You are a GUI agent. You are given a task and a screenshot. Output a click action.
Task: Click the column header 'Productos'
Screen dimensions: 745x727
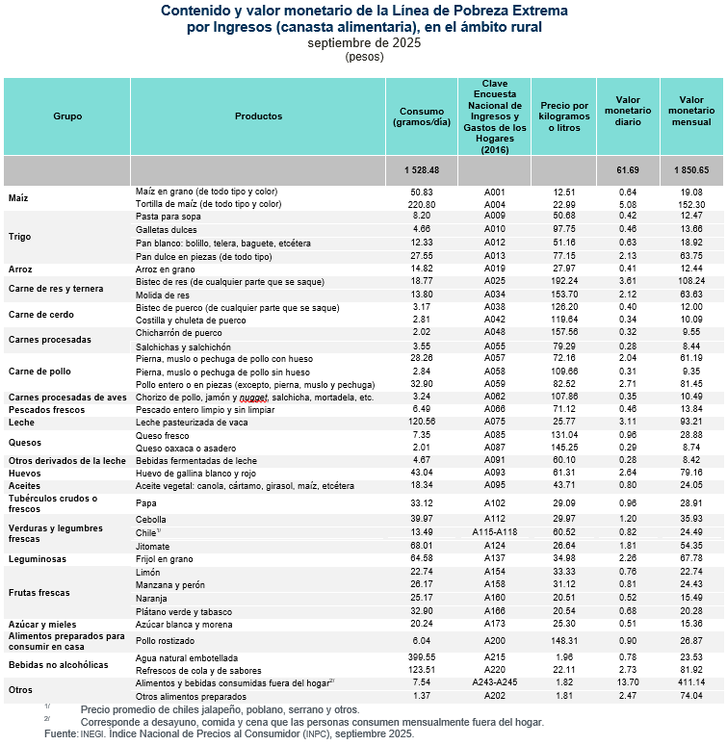(258, 116)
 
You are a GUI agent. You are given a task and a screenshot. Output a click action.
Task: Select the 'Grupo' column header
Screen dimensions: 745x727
(67, 116)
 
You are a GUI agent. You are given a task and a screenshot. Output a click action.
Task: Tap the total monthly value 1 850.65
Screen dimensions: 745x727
(691, 169)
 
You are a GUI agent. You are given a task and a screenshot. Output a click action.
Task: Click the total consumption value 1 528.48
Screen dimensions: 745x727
(419, 169)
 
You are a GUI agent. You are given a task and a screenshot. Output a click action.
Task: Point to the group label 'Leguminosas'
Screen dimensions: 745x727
(37, 558)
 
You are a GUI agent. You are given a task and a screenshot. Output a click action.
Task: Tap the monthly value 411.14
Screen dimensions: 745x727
(691, 681)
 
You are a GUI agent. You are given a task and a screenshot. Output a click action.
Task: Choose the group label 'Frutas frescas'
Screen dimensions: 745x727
(39, 592)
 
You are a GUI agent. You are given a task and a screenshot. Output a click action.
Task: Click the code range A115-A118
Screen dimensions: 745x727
(495, 531)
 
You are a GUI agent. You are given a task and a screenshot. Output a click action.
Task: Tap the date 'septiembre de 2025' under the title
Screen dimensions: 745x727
(364, 43)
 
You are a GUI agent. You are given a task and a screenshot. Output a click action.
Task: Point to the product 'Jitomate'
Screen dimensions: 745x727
(153, 545)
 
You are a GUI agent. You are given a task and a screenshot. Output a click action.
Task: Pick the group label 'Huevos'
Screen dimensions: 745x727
(24, 474)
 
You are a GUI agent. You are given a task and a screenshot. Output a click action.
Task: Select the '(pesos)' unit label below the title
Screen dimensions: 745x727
(364, 57)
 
